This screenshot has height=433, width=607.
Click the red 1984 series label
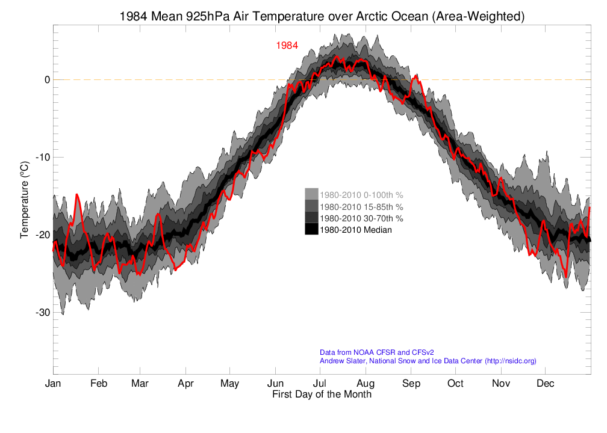pos(287,46)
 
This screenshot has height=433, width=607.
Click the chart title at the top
pos(322,17)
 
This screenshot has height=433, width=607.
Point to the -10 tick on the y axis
pos(43,157)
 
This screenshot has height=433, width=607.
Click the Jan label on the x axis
pos(53,384)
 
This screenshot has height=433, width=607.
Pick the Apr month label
pos(185,384)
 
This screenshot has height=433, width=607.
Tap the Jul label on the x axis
pos(319,384)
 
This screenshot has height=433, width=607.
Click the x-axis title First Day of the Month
pos(322,395)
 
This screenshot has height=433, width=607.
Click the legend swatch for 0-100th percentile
pos(311,194)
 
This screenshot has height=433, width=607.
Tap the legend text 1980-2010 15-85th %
pos(361,206)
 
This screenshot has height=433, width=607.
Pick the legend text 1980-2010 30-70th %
pos(361,218)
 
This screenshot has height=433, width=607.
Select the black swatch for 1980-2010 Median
pos(311,229)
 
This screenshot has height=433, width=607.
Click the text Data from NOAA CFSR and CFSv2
pos(377,352)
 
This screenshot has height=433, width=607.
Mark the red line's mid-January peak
pos(76,194)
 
